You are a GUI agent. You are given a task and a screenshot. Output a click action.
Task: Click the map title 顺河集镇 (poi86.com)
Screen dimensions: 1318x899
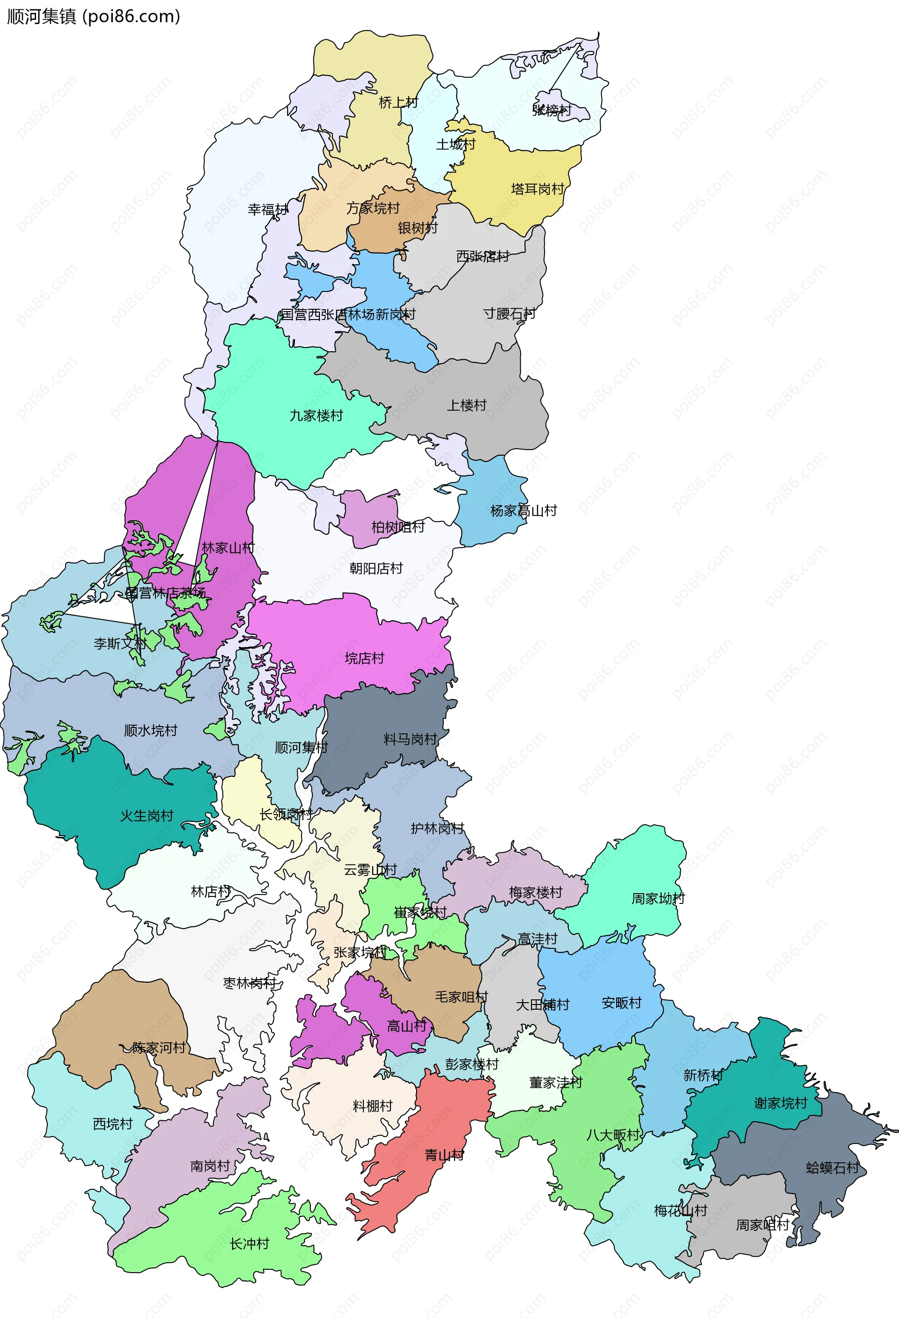(x=94, y=16)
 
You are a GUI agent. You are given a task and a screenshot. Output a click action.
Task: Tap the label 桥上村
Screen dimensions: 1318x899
(x=398, y=102)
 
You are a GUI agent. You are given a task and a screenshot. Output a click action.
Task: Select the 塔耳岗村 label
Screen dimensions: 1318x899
(x=538, y=189)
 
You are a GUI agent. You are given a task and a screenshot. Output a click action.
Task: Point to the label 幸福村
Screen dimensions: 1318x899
(x=268, y=210)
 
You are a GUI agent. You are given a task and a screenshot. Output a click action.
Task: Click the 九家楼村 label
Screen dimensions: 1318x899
(x=316, y=415)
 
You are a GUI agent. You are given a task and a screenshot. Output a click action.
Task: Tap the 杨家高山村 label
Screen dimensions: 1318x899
(x=523, y=511)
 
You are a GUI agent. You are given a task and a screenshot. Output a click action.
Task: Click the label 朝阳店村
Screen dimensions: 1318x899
(x=376, y=568)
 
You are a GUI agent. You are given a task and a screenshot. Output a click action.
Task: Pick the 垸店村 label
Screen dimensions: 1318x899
(x=364, y=658)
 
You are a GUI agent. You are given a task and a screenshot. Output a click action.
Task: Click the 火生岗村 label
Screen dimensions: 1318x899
(x=147, y=816)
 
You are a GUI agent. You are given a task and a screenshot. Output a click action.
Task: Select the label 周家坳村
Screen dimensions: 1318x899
(x=658, y=898)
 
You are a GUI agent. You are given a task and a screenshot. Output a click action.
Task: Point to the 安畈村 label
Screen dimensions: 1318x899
(x=621, y=1003)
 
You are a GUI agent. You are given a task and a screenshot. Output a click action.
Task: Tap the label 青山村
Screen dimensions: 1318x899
(x=444, y=1155)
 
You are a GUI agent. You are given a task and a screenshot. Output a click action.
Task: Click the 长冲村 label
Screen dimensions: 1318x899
(x=249, y=1244)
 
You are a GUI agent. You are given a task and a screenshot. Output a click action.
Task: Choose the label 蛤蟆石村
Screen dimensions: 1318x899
(x=833, y=1168)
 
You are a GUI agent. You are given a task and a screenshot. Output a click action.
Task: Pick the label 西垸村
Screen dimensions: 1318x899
(x=112, y=1124)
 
